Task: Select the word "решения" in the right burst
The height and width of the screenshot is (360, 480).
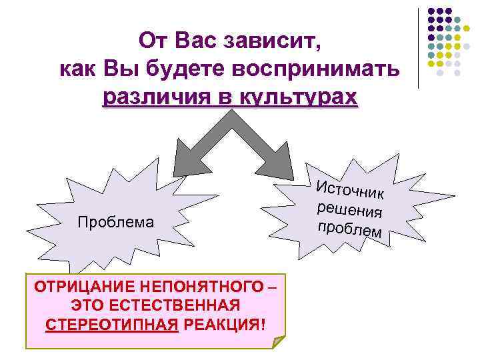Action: point(349,209)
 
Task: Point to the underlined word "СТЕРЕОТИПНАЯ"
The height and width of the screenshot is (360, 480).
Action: point(111,325)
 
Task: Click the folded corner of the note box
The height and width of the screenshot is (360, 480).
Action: point(279,342)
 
